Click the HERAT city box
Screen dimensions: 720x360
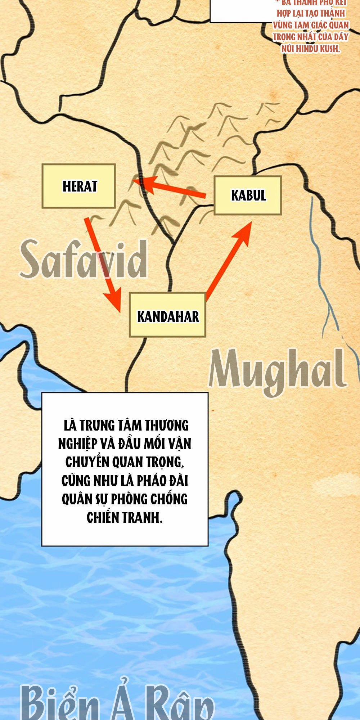coord(79,186)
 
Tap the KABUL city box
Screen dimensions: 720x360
coord(248,195)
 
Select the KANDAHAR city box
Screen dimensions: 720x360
coord(168,315)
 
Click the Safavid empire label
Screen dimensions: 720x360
coord(84,260)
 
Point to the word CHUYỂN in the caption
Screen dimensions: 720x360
coord(85,462)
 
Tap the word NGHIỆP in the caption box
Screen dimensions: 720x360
coord(76,444)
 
